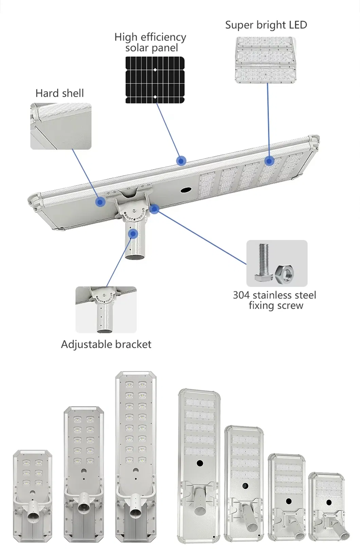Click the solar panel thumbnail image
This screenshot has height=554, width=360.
click(155, 79)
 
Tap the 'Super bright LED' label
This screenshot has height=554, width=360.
click(266, 25)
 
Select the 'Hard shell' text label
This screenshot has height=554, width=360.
click(59, 93)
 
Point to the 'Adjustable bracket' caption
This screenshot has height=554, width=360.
click(106, 344)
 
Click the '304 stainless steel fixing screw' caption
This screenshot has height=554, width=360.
click(275, 300)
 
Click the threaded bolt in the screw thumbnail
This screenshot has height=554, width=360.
click(264, 262)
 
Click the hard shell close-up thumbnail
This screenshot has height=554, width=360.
click(61, 126)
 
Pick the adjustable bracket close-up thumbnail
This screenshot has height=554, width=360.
click(106, 309)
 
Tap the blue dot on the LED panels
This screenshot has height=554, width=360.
click(269, 161)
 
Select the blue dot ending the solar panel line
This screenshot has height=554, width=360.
click(181, 161)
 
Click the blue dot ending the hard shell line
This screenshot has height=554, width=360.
click(100, 202)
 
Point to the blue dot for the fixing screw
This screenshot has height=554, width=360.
click(155, 209)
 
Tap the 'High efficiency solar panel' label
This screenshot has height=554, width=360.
click(150, 42)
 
